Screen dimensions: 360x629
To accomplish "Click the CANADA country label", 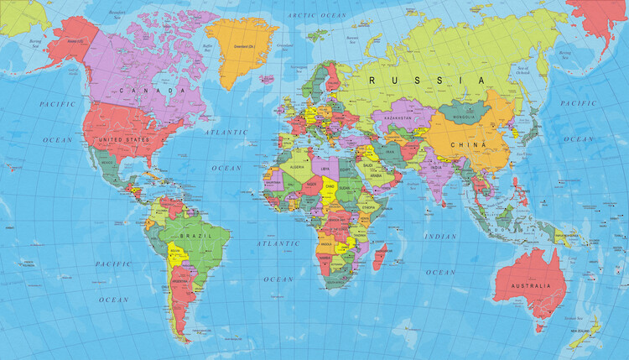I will click(x=152, y=89).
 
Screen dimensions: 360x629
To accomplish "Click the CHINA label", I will click(x=468, y=143).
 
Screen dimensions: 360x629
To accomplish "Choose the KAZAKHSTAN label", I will click(x=398, y=118).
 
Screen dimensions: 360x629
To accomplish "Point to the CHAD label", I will click(x=331, y=185).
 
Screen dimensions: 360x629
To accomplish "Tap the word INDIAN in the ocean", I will click(x=441, y=237).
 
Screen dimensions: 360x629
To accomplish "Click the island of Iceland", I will click(x=268, y=79).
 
